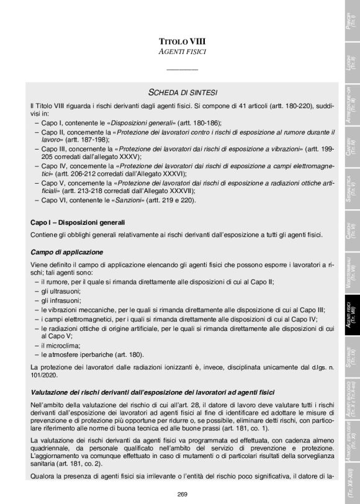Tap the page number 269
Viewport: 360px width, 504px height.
[182, 493]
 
